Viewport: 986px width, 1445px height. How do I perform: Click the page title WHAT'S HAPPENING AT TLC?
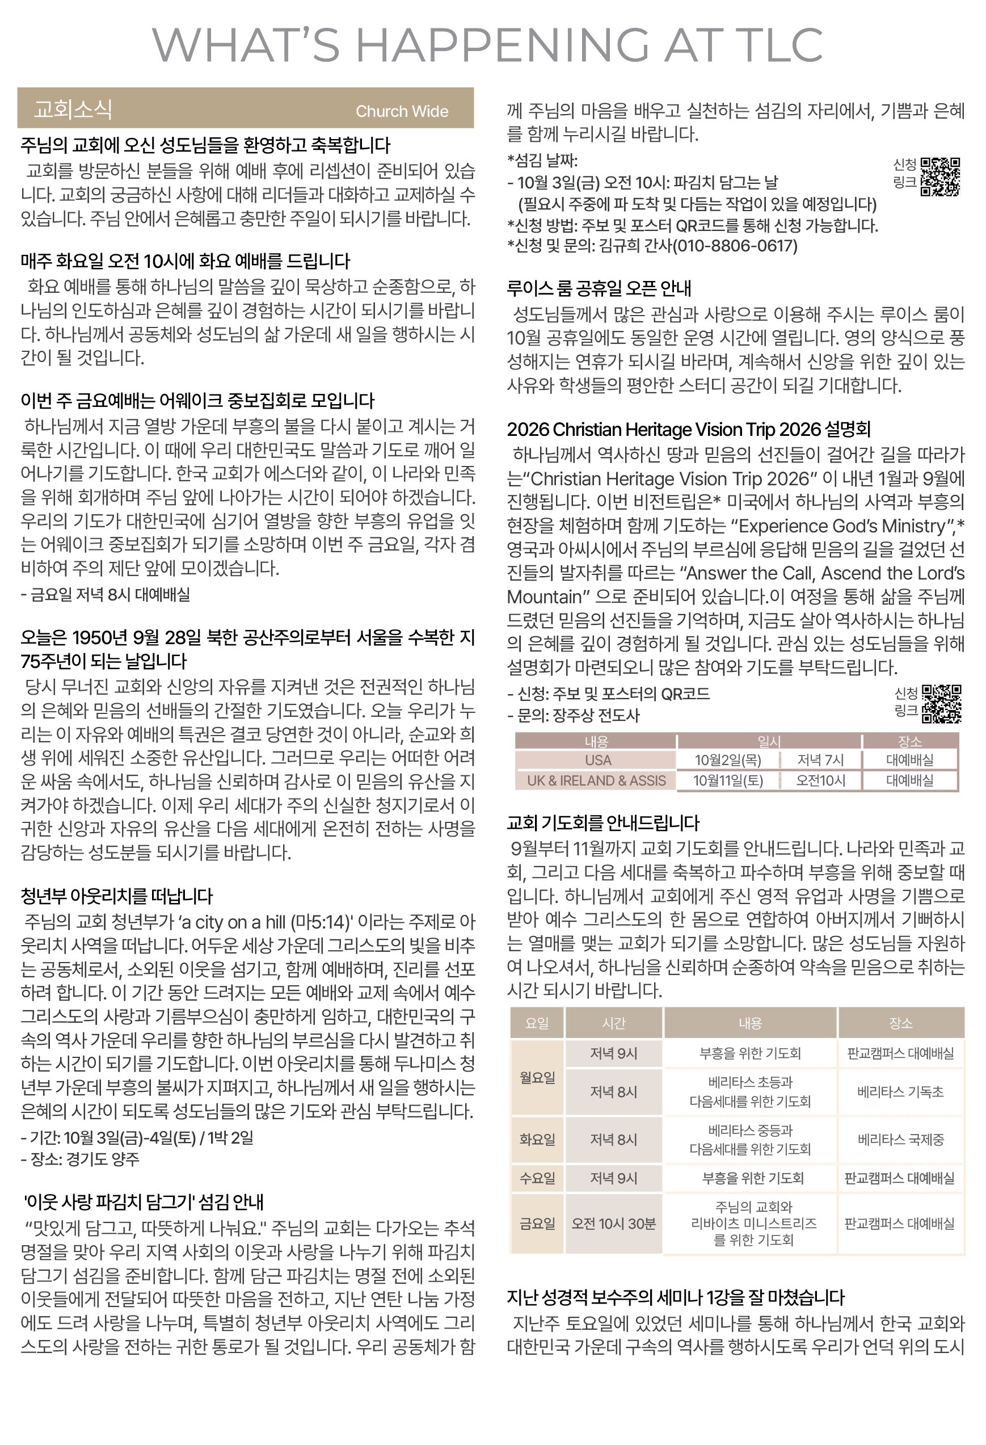coord(487,44)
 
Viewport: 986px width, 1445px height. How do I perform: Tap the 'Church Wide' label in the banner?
coord(402,111)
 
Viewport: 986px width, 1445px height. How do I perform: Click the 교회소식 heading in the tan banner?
coord(73,110)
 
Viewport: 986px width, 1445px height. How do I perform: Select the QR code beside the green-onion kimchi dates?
coord(940,177)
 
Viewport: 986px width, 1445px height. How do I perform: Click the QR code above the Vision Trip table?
coord(941,704)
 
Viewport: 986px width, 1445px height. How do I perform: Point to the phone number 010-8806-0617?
coord(735,246)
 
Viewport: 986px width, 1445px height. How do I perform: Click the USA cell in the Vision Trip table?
coord(597,760)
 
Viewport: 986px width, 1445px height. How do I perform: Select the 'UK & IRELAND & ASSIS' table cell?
coord(596,780)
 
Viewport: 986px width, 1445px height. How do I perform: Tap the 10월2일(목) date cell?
coord(727,760)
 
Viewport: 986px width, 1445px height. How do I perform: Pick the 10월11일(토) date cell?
coord(727,780)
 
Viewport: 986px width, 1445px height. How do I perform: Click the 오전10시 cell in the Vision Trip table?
coord(821,780)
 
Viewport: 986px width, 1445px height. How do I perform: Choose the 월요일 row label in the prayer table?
coord(537,1078)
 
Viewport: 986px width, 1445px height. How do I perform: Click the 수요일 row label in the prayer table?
coord(537,1178)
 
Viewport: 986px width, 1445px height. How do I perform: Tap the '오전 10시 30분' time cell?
coord(614,1224)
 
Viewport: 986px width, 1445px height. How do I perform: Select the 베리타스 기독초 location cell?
coord(900,1092)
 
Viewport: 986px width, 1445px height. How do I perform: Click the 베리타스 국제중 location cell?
coord(900,1140)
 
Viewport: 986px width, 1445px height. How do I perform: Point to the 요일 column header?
coord(537,1023)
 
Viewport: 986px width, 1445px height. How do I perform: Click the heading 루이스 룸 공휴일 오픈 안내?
coord(599,288)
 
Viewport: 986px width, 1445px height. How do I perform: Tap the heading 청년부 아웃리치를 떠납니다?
coord(117,896)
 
